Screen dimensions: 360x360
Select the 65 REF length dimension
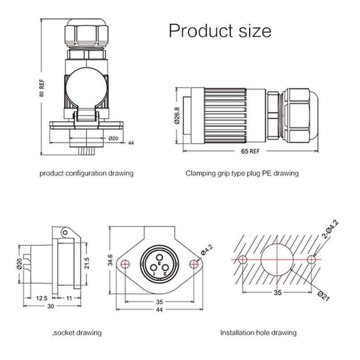click(250, 151)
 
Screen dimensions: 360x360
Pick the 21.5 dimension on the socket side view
click(88, 263)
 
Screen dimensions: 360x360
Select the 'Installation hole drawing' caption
click(258, 332)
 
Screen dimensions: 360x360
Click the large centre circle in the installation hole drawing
click(277, 259)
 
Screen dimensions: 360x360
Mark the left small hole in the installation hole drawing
click(243, 259)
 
